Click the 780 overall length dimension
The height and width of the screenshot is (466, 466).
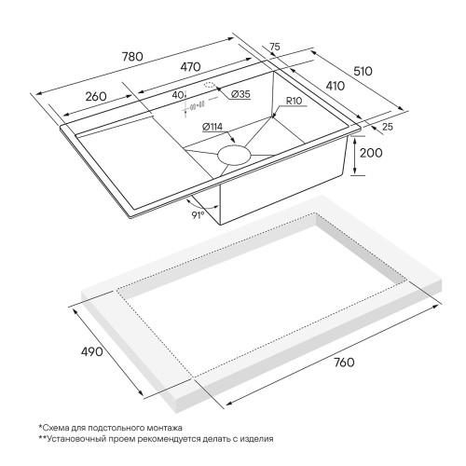click(132, 57)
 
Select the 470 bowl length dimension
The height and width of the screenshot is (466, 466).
click(190, 67)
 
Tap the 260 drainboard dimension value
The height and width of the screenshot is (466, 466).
click(96, 96)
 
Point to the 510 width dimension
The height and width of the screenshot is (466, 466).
click(363, 71)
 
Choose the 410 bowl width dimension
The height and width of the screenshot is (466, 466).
click(335, 86)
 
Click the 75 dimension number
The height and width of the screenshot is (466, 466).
click(275, 47)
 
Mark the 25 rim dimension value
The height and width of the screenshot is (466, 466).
click(388, 127)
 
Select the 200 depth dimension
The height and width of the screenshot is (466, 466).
click(371, 153)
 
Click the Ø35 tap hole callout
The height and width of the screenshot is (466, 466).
click(240, 94)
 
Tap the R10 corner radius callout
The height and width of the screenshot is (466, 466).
click(294, 101)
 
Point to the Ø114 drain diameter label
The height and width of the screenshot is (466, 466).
click(212, 127)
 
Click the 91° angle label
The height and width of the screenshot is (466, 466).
click(198, 215)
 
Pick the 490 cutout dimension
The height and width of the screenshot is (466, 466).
click(91, 351)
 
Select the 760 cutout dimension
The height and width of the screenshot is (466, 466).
click(344, 363)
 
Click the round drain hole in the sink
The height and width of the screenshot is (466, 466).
click(234, 155)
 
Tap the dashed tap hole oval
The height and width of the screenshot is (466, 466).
click(210, 85)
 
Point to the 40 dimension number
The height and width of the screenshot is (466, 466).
click(178, 95)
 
